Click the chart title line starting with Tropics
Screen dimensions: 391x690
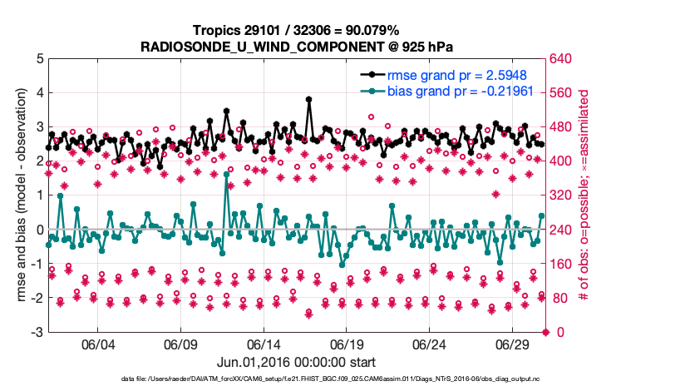297,31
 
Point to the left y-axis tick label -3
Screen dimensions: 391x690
37,333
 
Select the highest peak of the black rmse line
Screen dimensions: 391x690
308,99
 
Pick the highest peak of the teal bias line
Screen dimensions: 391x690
226,174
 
